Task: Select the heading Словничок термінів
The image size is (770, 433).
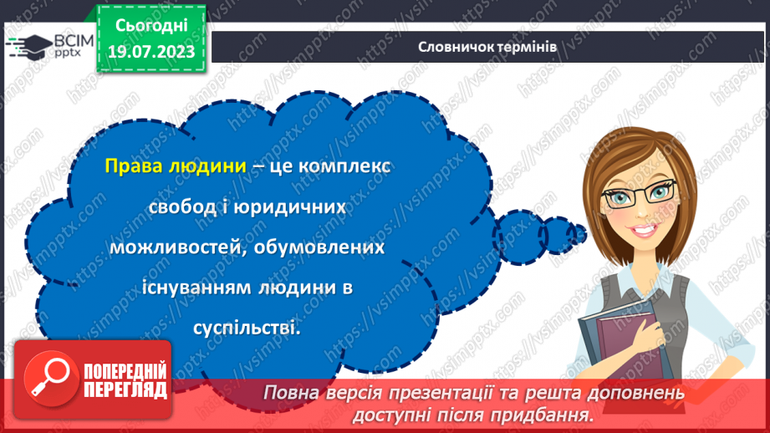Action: [487, 47]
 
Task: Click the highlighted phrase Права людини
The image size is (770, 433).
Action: [176, 166]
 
